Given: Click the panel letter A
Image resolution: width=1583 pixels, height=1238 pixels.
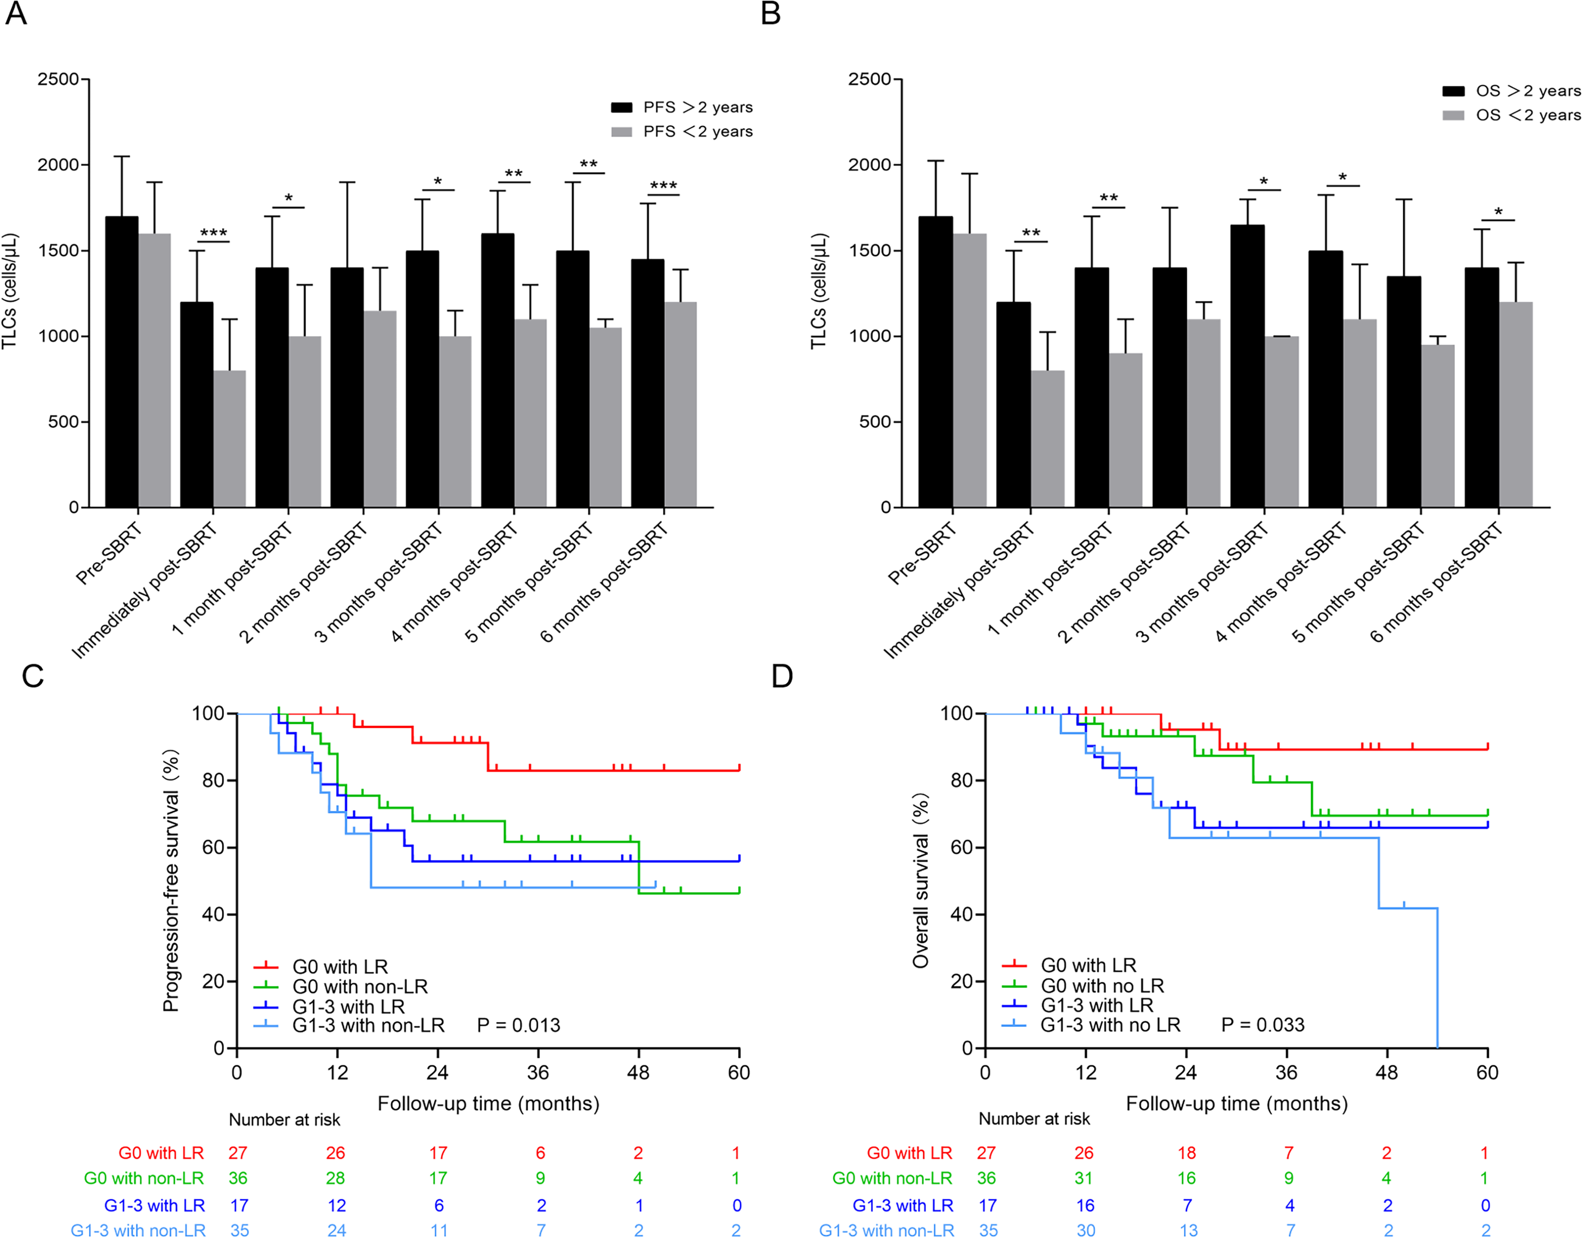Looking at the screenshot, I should [16, 14].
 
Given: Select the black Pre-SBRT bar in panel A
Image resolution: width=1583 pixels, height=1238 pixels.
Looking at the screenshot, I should [122, 362].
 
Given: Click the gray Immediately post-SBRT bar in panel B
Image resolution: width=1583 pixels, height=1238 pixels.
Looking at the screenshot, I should [1047, 438].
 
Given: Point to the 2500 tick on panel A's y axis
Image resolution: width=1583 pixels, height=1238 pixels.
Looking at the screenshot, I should [58, 79].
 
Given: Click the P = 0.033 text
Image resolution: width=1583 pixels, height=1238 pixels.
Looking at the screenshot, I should [1263, 1025].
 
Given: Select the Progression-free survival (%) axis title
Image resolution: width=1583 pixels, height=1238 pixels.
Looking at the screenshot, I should [171, 881].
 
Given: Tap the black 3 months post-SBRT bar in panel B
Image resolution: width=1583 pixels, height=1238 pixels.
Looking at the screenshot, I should [1247, 366].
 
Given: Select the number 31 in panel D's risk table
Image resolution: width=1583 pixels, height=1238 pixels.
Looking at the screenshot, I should [1084, 1178].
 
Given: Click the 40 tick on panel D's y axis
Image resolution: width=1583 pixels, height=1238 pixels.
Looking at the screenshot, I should [961, 915].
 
